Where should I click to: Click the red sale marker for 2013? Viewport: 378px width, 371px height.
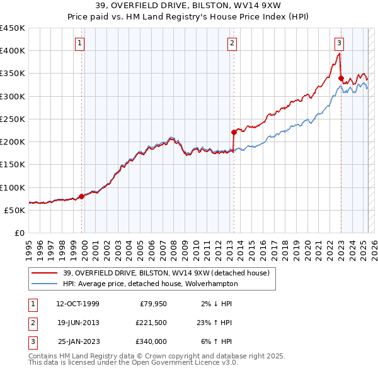click(234, 132)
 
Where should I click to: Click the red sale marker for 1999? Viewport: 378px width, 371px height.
click(81, 196)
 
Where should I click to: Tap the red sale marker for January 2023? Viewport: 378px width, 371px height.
click(341, 79)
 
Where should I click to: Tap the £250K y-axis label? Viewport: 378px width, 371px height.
click(13, 119)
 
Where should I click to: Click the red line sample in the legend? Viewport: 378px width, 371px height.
click(45, 273)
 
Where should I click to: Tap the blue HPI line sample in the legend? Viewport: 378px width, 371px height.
click(45, 284)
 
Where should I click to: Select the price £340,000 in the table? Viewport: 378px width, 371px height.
click(151, 341)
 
